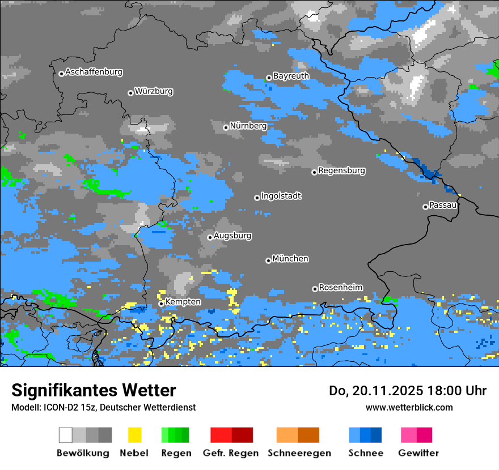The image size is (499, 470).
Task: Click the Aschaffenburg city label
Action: coord(94,72)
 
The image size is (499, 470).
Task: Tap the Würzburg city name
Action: coord(154,91)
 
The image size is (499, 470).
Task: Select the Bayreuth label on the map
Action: coord(291,76)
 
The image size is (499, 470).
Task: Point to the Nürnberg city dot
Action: coord(226,127)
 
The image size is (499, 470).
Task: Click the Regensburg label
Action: coord(341,170)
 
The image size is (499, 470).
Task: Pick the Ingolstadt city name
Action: coord(281,196)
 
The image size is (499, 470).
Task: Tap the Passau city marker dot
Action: coord(425,207)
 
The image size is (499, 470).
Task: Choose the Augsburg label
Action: coord(232,236)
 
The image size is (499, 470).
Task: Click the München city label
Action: coord(290,259)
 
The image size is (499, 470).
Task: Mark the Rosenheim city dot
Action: coord(315,289)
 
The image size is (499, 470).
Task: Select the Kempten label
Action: coord(183,302)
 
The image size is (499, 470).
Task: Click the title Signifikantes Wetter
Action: coord(94,390)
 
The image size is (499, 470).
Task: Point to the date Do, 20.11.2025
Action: coord(365,391)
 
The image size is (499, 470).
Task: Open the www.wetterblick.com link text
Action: coord(409,407)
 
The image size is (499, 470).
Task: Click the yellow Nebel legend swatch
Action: coord(134,435)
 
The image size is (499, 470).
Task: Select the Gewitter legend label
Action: coord(418,453)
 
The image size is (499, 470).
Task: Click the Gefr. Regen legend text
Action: coord(231,453)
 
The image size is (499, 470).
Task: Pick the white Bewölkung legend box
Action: coord(66,435)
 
